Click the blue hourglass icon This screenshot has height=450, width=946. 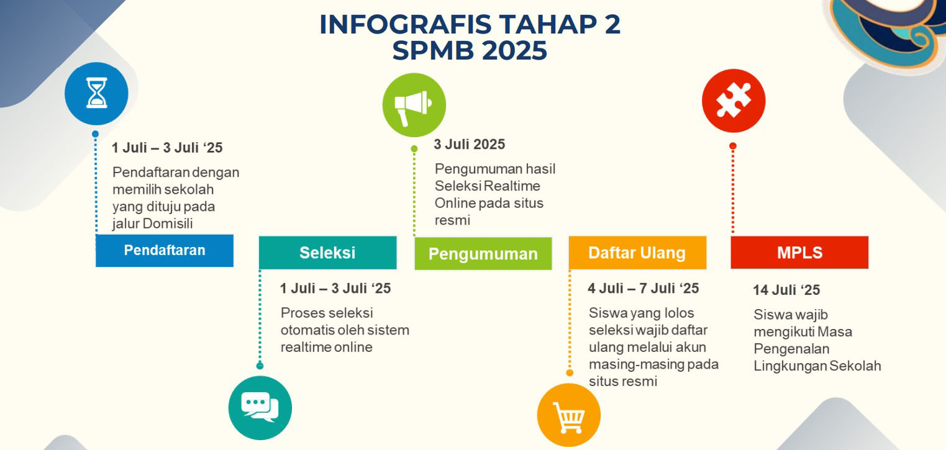point(96,93)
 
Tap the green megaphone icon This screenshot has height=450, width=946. point(414,105)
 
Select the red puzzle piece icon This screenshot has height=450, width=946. point(734,101)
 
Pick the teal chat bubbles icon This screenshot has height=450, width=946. point(260,408)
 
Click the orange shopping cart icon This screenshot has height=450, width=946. point(569,415)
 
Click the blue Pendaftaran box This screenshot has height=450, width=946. point(165,251)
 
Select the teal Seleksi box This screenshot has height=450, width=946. point(328,253)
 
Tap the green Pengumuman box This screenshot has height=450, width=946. point(483,254)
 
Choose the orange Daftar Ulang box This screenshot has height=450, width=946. point(638,253)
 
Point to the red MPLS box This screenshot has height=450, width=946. point(799,253)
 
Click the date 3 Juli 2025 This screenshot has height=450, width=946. point(469,145)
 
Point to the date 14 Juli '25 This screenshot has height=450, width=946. point(786,290)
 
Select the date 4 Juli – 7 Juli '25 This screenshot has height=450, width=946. point(644,289)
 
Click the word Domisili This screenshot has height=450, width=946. point(168,223)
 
